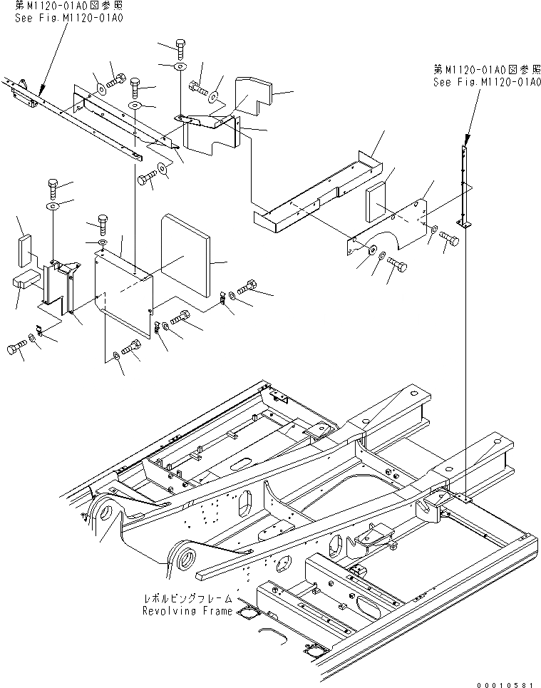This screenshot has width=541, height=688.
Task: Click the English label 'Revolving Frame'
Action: pyautogui.click(x=187, y=611)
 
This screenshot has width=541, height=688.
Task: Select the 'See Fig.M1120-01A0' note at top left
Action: pyautogui.click(x=68, y=18)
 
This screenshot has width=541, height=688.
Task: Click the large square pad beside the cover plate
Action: pyautogui.click(x=186, y=255)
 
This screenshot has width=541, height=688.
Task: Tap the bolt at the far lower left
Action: pyautogui.click(x=15, y=348)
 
